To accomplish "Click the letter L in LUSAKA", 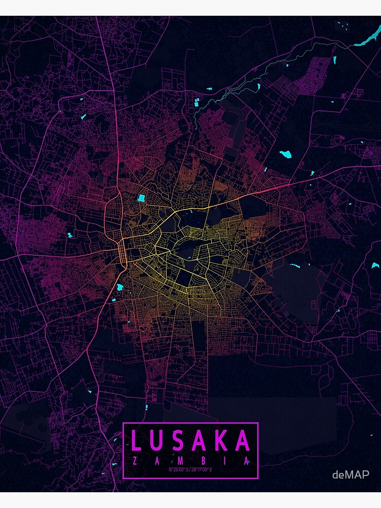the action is coord(137,440).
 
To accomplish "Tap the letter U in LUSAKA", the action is coord(160,440).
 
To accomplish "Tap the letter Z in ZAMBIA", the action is coord(134,461).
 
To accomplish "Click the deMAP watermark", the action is coord(351,474).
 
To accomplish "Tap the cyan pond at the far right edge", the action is coord(375,265).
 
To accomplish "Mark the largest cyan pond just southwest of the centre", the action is coord(120,288).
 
